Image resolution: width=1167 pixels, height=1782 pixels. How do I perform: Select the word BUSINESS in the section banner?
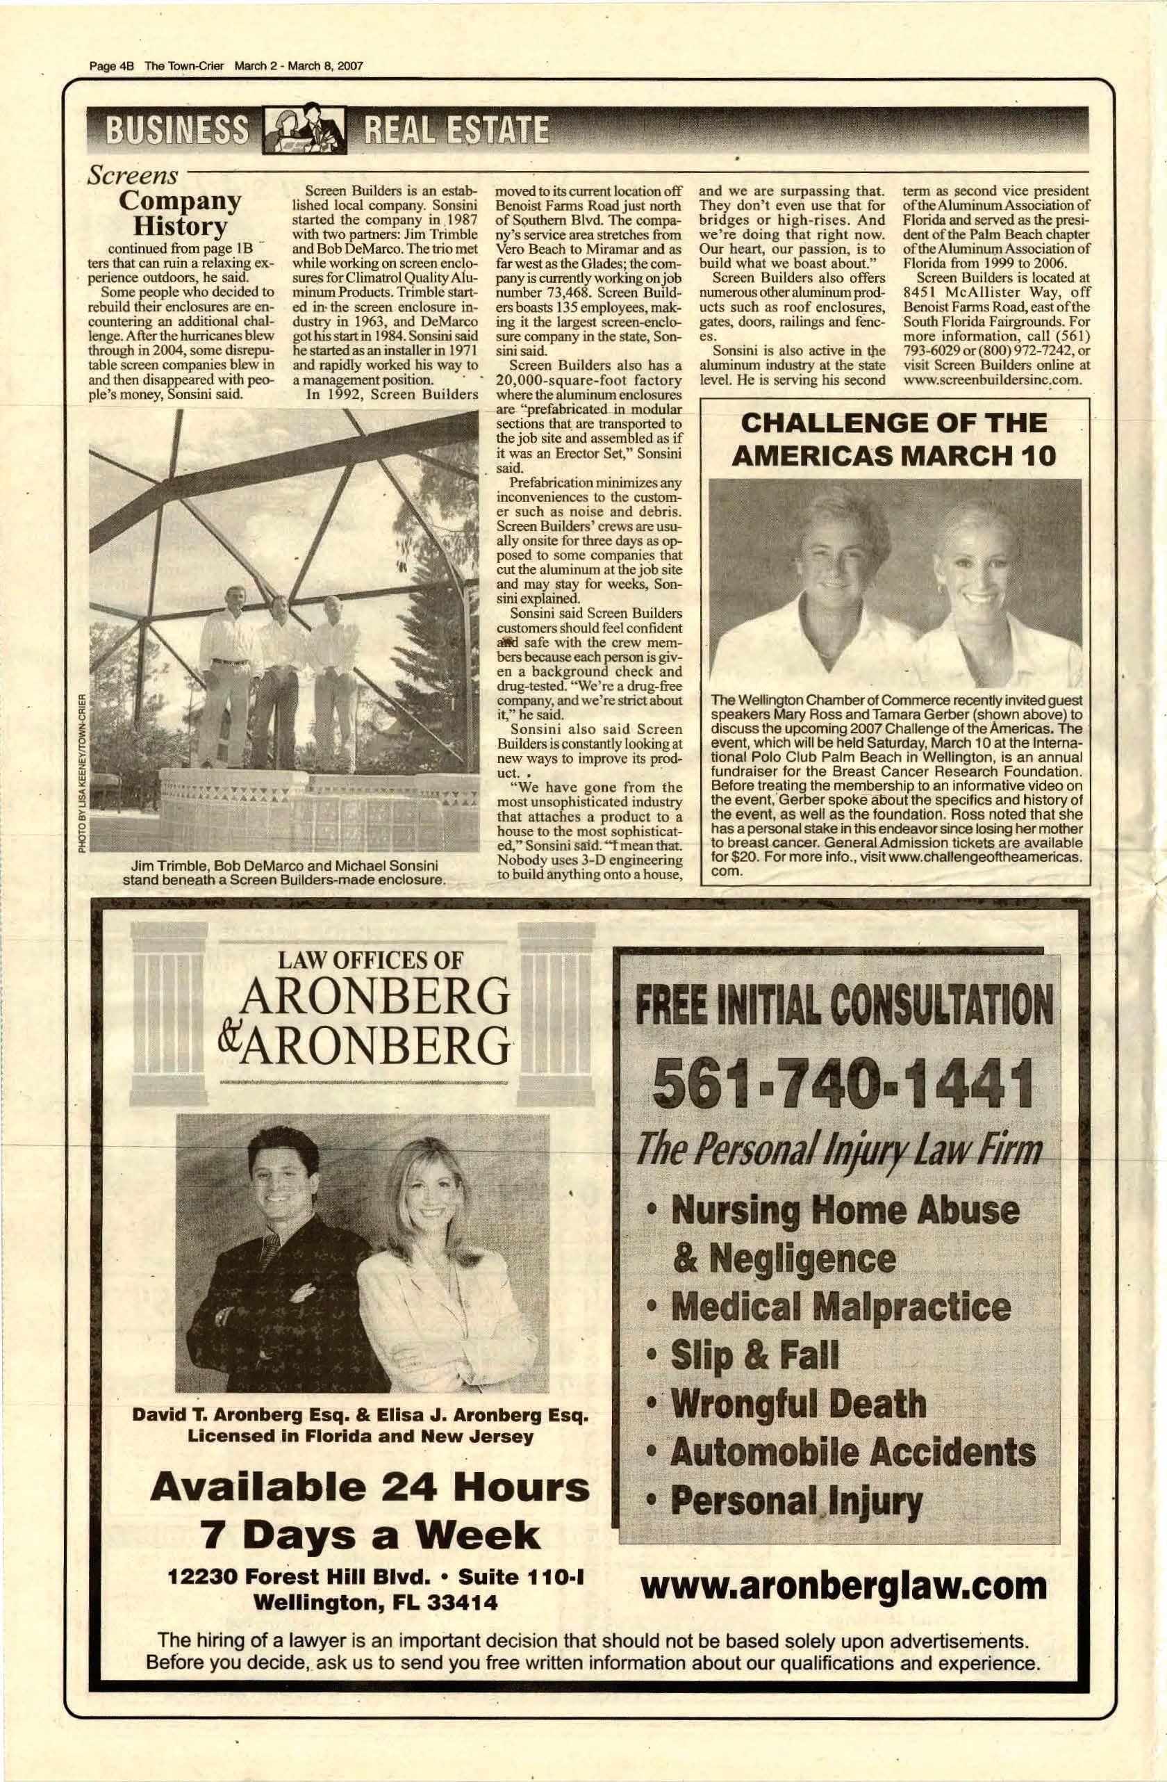[x=177, y=133]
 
